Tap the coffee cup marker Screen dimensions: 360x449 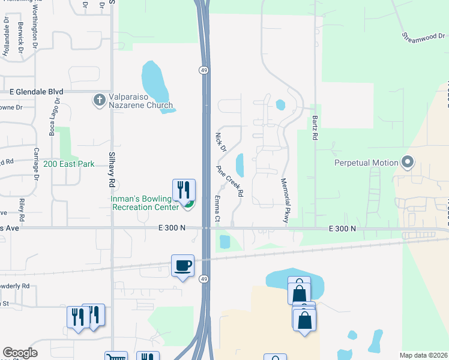coord(182,265)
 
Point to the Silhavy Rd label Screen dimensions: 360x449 coord(111,163)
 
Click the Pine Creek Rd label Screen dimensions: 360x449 coord(229,181)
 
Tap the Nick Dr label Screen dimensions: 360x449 coord(220,141)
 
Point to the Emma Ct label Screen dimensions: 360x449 coord(217,208)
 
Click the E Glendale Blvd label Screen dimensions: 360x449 coord(36,92)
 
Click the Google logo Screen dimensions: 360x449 coord(20,353)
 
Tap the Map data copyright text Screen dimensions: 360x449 coord(423,355)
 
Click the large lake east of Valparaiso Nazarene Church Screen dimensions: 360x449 coord(155,84)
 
